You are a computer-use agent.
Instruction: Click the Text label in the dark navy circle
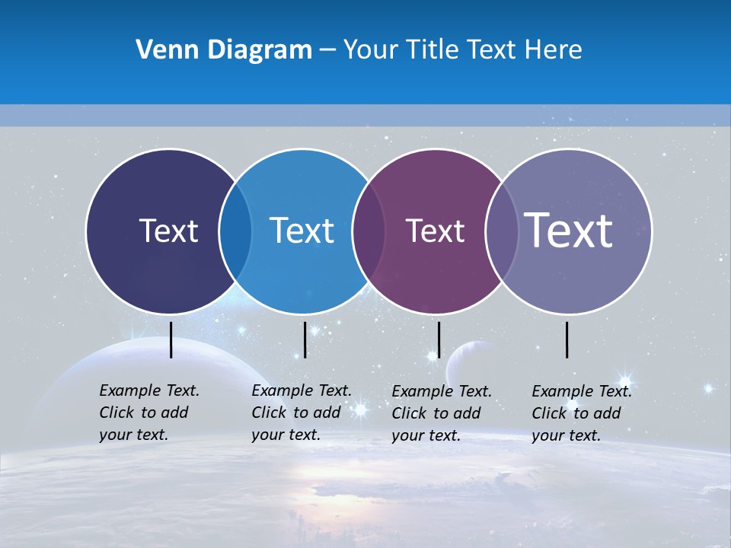pyautogui.click(x=168, y=231)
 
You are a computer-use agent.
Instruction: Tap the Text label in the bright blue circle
pyautogui.click(x=302, y=231)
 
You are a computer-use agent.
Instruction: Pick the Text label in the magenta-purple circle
pyautogui.click(x=435, y=231)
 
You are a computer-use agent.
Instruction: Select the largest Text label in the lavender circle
pyautogui.click(x=568, y=230)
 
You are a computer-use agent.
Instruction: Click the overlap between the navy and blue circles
pyautogui.click(x=235, y=231)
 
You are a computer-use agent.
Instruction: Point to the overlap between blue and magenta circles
pyautogui.click(x=368, y=231)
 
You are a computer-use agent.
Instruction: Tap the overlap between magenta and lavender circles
pyautogui.click(x=501, y=231)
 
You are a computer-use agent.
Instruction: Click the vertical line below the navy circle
pyautogui.click(x=171, y=339)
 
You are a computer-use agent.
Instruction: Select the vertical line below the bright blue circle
pyautogui.click(x=305, y=339)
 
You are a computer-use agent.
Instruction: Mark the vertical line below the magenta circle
pyautogui.click(x=439, y=339)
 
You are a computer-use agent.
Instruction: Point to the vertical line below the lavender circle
pyautogui.click(x=567, y=339)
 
